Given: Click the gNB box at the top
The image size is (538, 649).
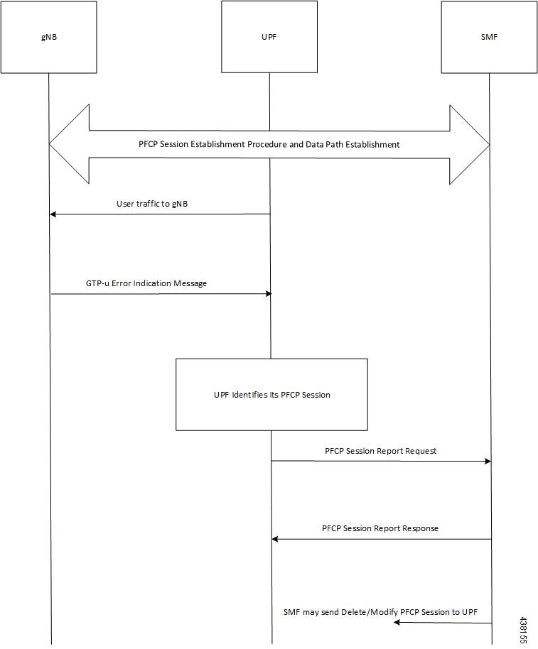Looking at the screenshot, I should click(48, 37).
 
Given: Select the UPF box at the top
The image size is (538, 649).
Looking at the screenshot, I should click(269, 37).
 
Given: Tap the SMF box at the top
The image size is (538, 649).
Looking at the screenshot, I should click(489, 37).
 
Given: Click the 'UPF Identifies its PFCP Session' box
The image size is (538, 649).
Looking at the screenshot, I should click(271, 394).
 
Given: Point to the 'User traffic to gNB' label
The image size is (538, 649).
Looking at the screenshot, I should click(152, 204).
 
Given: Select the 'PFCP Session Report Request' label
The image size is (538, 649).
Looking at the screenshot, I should click(380, 451).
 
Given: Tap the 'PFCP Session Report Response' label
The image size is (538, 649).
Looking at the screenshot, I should click(380, 528).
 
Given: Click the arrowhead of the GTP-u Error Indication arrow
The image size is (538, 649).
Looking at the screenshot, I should click(268, 294).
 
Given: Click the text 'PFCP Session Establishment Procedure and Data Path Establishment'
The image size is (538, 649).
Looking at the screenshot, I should click(269, 144).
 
